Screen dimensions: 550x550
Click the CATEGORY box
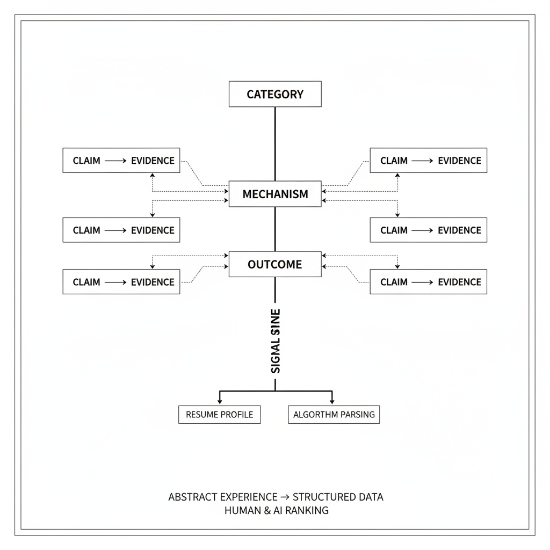pyautogui.click(x=275, y=94)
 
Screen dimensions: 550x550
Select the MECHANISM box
pyautogui.click(x=275, y=194)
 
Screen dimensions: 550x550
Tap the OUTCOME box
pyautogui.click(x=275, y=264)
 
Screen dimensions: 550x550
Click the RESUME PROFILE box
pyautogui.click(x=220, y=415)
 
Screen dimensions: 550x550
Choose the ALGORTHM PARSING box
pyautogui.click(x=334, y=415)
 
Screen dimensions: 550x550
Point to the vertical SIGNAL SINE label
pyautogui.click(x=276, y=341)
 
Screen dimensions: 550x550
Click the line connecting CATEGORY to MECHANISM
pyautogui.click(x=275, y=144)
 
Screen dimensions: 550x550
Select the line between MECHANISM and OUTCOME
pyautogui.click(x=275, y=229)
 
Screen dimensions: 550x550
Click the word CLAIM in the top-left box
pyautogui.click(x=86, y=161)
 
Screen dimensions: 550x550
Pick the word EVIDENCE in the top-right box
pyautogui.click(x=460, y=161)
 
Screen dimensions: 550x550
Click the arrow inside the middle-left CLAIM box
pyautogui.click(x=115, y=230)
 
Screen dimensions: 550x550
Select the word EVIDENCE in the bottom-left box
pyautogui.click(x=153, y=282)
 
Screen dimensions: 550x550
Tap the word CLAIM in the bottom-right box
pyautogui.click(x=394, y=282)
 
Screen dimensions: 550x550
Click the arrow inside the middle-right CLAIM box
pyautogui.click(x=422, y=230)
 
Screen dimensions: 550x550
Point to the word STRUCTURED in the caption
pyautogui.click(x=320, y=497)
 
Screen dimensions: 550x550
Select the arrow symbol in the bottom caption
pyautogui.click(x=285, y=497)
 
